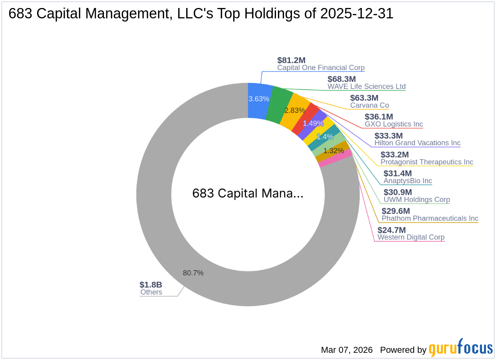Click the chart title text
coord(201,14)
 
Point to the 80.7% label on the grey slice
coord(193,273)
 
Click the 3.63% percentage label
coord(259,99)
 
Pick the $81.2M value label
coord(292,60)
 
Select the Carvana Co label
coord(369,105)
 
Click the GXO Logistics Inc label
coord(394,124)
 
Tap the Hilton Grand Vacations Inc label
coord(417,143)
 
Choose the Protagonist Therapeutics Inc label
coord(427,162)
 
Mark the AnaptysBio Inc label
coord(408,181)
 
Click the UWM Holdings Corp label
coord(417,200)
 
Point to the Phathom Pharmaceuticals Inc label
coord(430,218)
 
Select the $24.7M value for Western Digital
coord(392,230)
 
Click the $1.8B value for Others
coord(151,285)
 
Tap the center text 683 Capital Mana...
coord(248,194)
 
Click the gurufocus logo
coord(461,348)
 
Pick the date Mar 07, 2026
coord(347,350)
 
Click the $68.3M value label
coord(341,79)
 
